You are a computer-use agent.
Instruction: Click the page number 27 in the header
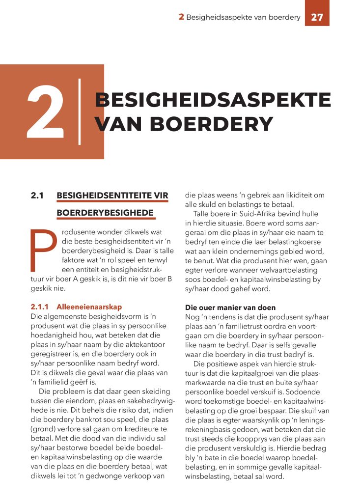click(x=317, y=17)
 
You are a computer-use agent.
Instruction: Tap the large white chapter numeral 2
click(x=45, y=112)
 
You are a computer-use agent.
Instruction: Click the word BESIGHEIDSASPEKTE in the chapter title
click(x=213, y=100)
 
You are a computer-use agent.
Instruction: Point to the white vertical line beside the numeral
click(x=80, y=112)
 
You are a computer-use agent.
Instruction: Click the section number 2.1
click(x=37, y=196)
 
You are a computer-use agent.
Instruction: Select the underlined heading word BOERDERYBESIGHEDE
click(x=106, y=214)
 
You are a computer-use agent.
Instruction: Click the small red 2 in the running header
click(x=181, y=17)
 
